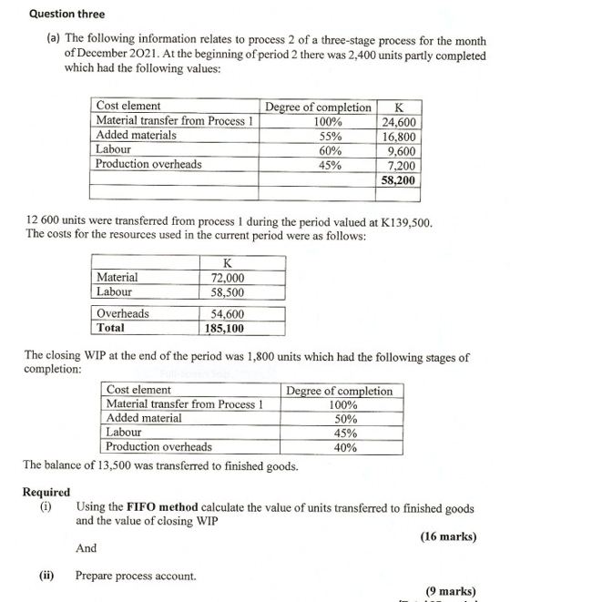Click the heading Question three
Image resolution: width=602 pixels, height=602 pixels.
point(66,14)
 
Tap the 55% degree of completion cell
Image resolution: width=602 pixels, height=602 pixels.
point(330,136)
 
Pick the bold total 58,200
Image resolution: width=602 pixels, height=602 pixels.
point(398,180)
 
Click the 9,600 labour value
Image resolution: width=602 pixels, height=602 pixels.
point(402,150)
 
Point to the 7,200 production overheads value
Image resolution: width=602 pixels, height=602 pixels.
point(402,165)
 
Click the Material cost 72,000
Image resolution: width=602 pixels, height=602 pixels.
point(227,278)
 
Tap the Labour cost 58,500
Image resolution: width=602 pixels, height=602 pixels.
point(227,292)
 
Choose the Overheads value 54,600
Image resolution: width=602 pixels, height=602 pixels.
point(227,313)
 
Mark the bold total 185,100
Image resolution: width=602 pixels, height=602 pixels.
point(225,328)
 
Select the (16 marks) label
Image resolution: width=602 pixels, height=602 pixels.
point(448,536)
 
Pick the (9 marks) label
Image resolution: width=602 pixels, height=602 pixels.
point(451,591)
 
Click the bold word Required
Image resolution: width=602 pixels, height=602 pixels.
point(46,493)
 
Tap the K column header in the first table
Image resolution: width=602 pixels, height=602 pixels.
point(398,107)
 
